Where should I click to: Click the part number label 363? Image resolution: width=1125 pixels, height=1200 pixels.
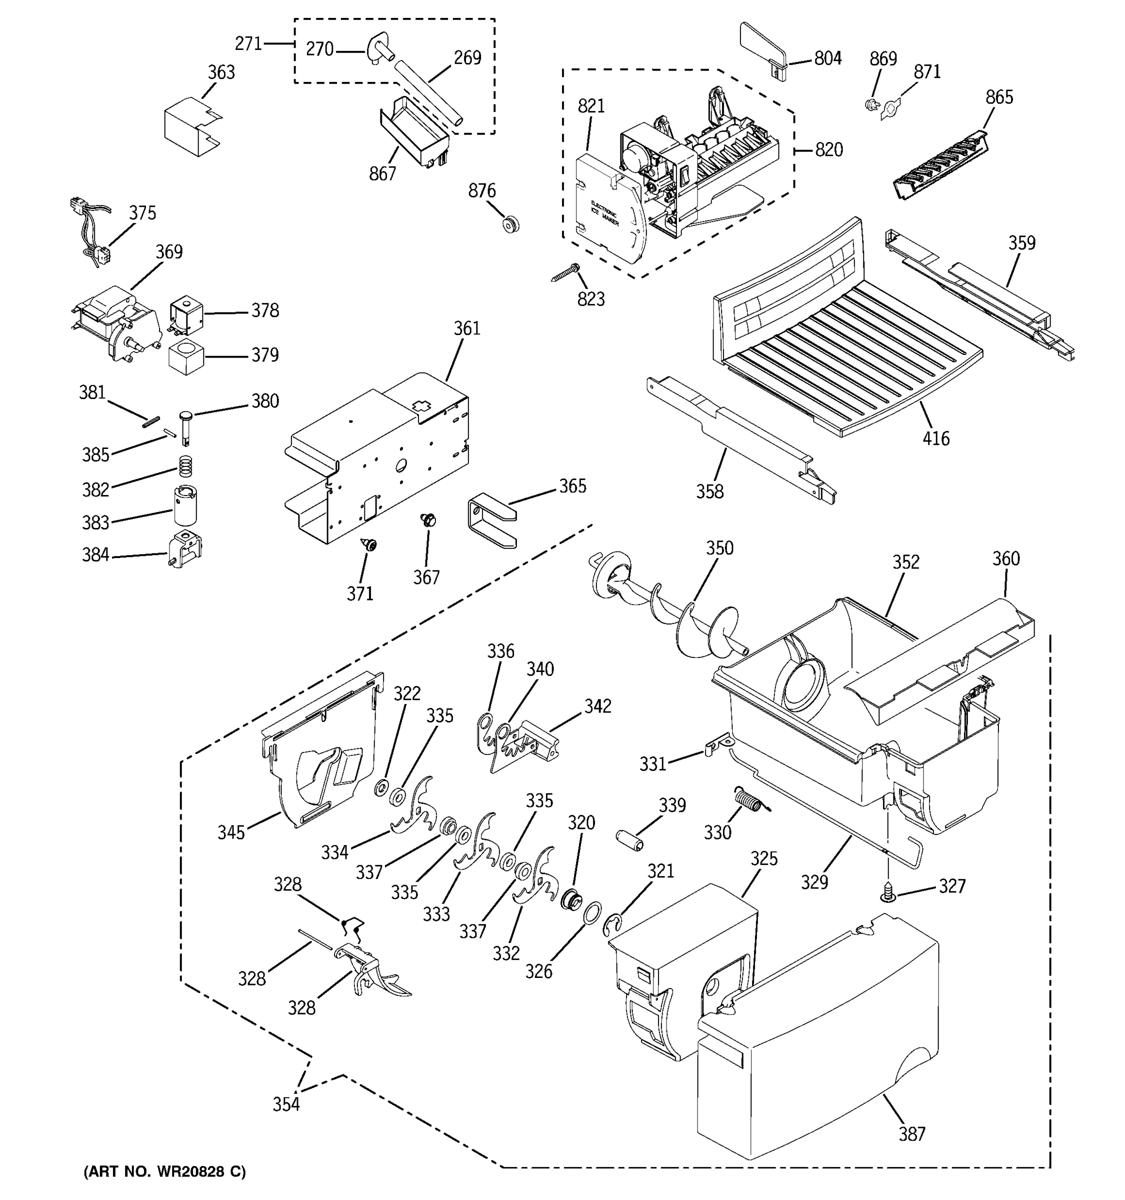click(x=221, y=72)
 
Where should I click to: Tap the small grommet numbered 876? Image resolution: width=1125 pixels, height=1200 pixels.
click(x=510, y=224)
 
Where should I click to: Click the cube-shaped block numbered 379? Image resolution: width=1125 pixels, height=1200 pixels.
click(x=186, y=356)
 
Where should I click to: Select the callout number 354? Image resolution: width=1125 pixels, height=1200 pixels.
click(x=285, y=1103)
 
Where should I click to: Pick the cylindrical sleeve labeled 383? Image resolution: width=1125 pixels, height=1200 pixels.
click(x=186, y=506)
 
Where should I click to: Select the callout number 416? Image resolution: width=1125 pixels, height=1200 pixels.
click(x=935, y=438)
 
